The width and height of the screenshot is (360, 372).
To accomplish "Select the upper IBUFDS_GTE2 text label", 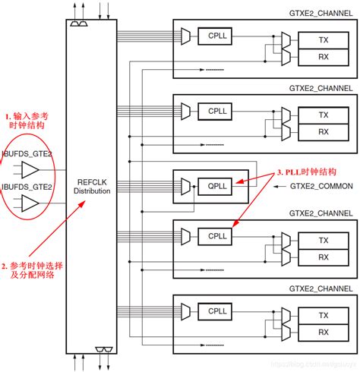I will point(27,154).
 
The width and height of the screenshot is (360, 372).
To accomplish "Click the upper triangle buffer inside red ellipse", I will point(30,169).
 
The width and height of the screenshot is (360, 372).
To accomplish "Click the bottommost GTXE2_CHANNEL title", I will point(320,288).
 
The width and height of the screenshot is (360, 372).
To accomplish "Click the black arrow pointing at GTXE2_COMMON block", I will point(278,185).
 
